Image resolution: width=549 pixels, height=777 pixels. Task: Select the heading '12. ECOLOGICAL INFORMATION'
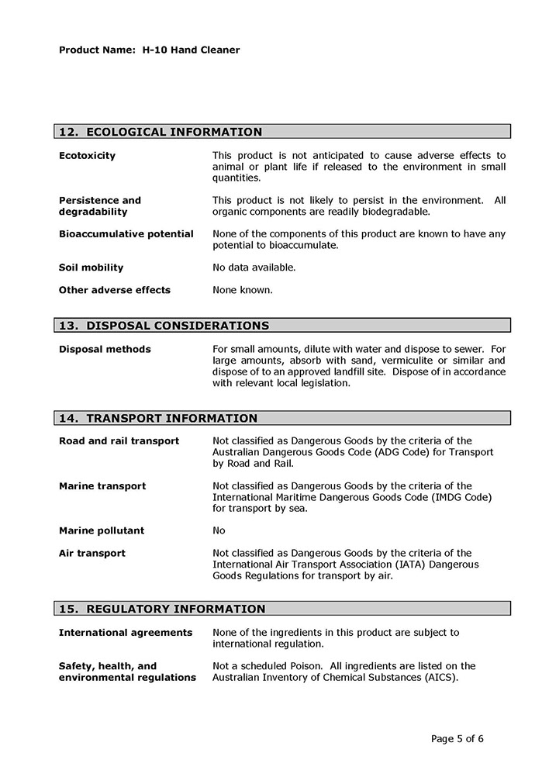click(161, 132)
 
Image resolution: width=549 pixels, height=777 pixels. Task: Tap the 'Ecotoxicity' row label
click(87, 156)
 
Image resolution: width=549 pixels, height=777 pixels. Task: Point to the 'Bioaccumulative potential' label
click(126, 234)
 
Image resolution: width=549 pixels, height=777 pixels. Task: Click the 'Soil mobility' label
click(91, 268)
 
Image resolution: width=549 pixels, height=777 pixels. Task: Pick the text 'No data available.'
click(254, 268)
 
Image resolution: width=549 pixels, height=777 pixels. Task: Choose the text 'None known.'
click(242, 290)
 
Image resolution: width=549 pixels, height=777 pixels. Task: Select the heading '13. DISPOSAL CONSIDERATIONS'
click(164, 326)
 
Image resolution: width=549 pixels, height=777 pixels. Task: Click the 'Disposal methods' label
click(105, 349)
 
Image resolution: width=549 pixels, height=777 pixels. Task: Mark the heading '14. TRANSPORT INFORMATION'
click(158, 418)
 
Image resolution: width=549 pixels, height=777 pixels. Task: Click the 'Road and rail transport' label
click(119, 441)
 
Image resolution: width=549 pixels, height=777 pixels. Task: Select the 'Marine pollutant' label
click(102, 531)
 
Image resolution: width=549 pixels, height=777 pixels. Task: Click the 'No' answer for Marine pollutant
click(219, 531)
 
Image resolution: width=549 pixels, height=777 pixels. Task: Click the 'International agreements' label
click(126, 633)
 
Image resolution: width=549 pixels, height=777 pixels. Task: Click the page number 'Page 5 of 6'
click(457, 738)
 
